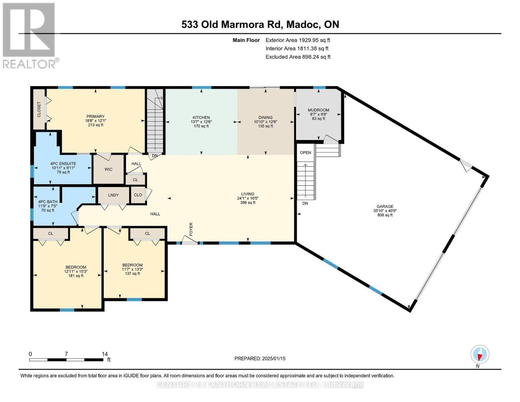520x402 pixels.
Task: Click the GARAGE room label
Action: (385, 206)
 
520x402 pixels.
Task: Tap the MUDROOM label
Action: (318, 110)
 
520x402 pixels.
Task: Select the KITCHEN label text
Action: (201, 118)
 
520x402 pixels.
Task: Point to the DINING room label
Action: (265, 118)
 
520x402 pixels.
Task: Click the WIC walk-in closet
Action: (108, 169)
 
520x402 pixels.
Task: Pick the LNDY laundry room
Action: (113, 195)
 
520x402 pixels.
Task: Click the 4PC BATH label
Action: (48, 202)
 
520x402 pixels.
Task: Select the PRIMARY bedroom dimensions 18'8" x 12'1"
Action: (95, 121)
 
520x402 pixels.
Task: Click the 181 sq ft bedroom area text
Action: (76, 276)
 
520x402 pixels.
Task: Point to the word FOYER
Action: (191, 229)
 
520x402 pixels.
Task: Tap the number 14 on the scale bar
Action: (105, 354)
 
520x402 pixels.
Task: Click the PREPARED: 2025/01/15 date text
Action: (260, 358)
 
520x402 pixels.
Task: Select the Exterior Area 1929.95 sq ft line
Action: (298, 40)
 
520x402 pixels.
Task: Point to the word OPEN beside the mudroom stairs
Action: (305, 152)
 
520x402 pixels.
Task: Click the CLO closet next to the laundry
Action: (138, 195)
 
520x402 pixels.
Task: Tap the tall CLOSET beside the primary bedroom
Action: (39, 109)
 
